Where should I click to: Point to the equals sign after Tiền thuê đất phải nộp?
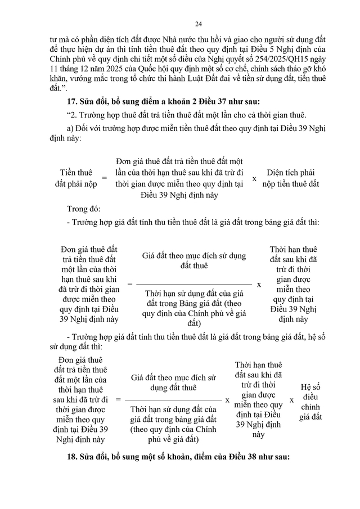(103, 178)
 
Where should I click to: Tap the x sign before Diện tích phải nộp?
(254, 178)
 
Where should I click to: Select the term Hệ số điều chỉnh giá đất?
(310, 401)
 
